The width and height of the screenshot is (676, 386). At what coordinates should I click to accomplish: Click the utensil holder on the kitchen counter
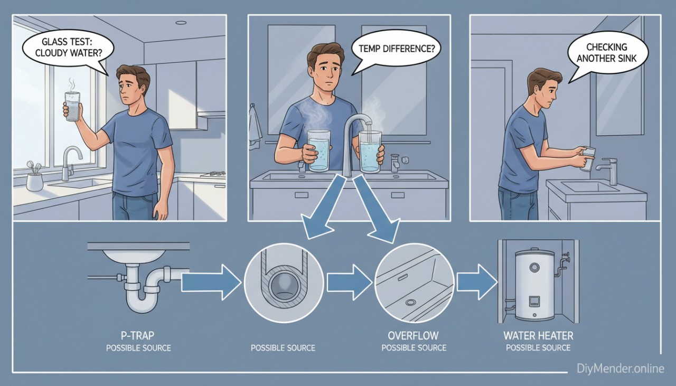pos(35,180)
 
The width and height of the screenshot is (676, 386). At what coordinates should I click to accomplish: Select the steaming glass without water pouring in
pos(319,151)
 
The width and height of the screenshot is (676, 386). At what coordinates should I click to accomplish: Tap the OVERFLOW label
pos(414,336)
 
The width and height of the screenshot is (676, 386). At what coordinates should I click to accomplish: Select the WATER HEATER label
pos(538,336)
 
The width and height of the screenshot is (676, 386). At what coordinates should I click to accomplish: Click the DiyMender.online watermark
pos(620,369)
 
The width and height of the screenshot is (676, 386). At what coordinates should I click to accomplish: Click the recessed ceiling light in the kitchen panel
pos(181,23)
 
